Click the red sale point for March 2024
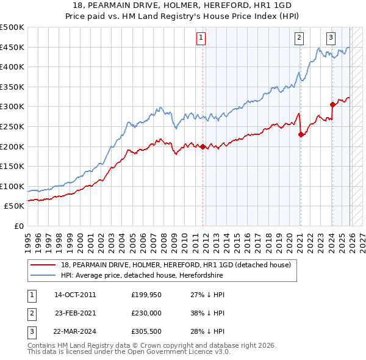point(332,104)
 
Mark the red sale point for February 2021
point(301,135)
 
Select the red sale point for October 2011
point(203,146)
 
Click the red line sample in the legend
point(43,265)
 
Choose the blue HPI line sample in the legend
point(43,275)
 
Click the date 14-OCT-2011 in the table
point(75,295)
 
